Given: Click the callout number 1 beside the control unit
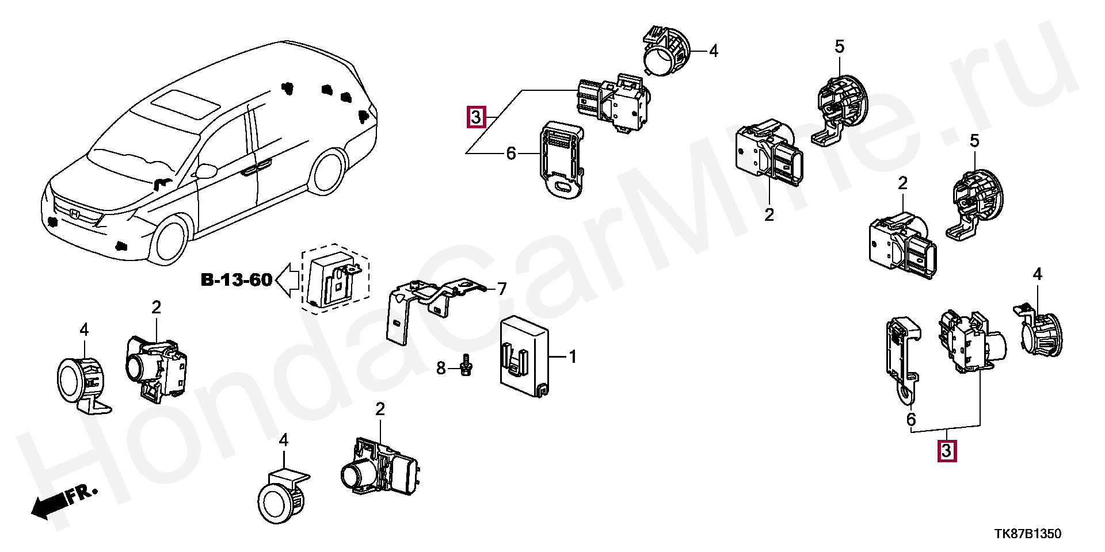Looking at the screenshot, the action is (572, 357).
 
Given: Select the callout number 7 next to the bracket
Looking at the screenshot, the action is (502, 289).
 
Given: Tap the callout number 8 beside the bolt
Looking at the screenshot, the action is (441, 368).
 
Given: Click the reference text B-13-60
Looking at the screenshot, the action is (237, 280).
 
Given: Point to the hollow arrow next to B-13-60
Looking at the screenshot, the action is (288, 281).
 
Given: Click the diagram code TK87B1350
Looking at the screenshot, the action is (1028, 534).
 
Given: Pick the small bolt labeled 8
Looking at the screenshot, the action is (467, 366).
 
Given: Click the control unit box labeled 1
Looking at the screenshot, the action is (524, 356).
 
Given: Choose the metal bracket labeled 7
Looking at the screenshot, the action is (432, 305).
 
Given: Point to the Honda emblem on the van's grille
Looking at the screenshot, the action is (75, 214).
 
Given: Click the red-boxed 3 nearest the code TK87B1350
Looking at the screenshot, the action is (947, 451).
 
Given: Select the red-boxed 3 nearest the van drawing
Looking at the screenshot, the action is (476, 118).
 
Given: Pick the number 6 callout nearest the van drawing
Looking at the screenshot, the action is (511, 154).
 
